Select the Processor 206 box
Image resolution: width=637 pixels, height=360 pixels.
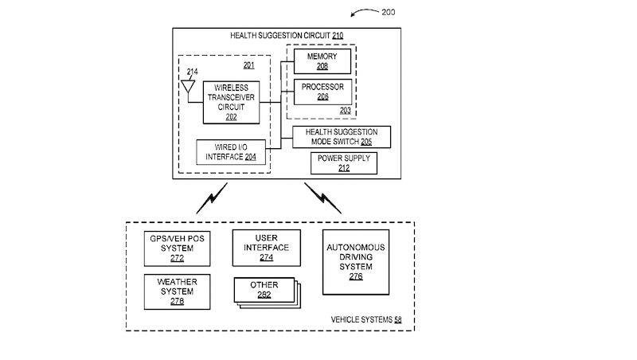tap(322, 91)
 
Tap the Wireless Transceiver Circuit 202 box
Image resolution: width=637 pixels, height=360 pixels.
tap(232, 102)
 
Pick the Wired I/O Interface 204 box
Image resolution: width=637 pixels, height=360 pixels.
tap(231, 151)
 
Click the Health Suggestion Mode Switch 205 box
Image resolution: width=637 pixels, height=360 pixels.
tap(342, 136)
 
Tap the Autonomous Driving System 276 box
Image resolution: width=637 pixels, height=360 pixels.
tap(355, 262)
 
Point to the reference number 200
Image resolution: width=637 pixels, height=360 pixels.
tap(388, 12)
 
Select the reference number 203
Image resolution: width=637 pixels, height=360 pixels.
tap(345, 110)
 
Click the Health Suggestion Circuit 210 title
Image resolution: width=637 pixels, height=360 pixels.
tap(287, 36)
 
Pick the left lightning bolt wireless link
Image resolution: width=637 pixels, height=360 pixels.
tap(215, 196)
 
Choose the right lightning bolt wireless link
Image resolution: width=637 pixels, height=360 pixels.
tap(322, 198)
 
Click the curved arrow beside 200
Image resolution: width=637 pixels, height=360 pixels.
tap(364, 13)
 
